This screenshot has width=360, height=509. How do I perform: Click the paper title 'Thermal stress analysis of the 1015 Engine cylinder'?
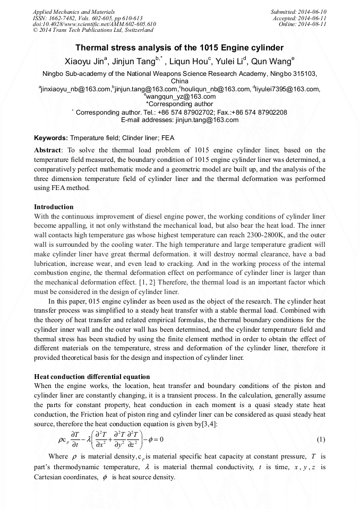179,48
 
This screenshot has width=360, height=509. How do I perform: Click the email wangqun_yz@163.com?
181,97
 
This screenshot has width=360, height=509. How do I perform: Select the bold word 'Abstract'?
48,150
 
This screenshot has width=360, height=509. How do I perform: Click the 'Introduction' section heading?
54,206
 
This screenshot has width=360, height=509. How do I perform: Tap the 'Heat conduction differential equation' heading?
92,376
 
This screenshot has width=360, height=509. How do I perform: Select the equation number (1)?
321,439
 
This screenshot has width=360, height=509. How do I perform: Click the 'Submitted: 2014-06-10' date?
298,11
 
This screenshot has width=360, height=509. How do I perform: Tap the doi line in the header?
94,24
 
